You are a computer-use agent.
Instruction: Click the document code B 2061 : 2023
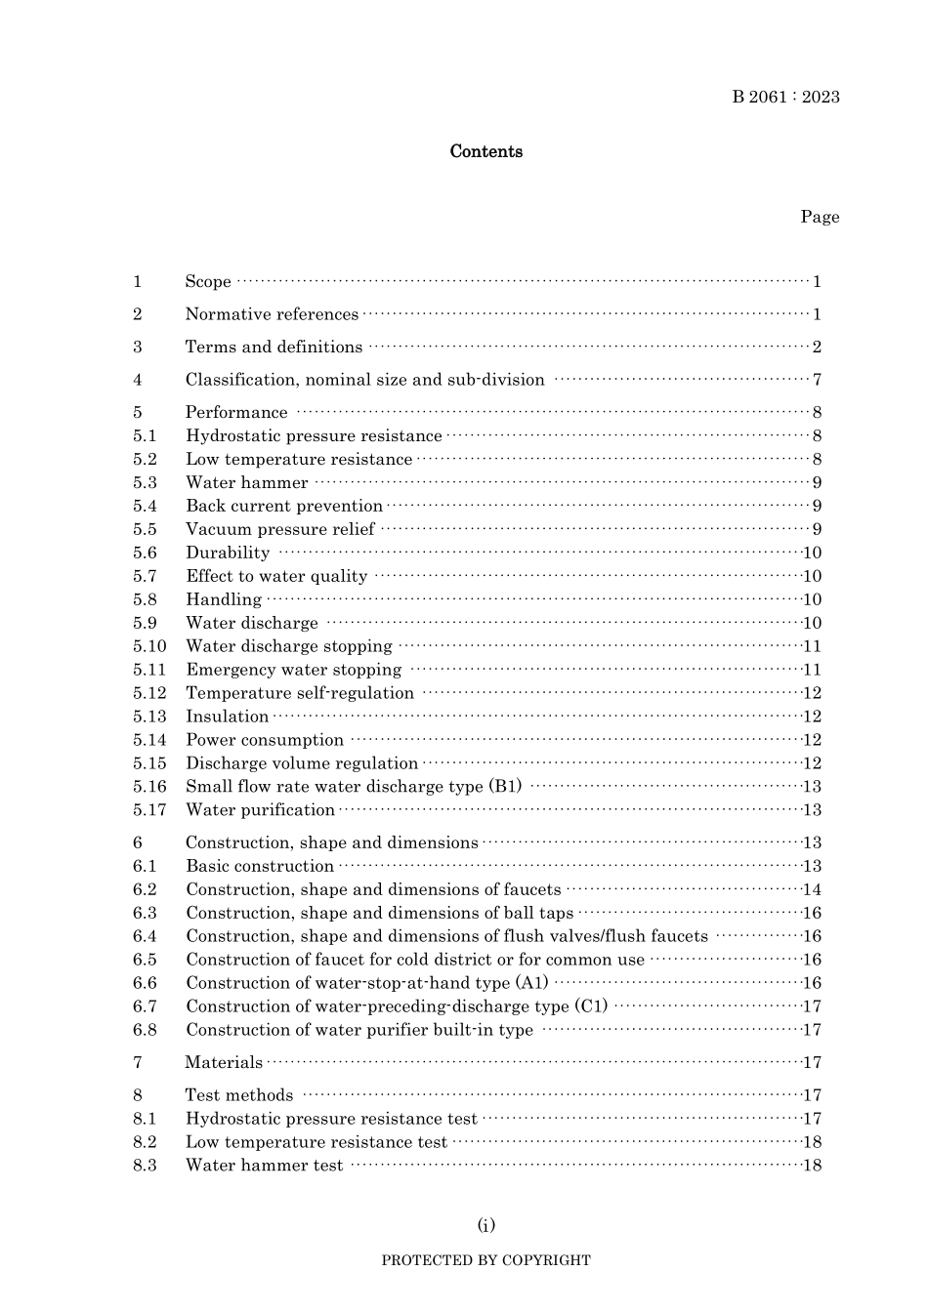785,97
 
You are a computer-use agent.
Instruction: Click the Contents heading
485,151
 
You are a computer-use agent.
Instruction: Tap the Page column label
820,217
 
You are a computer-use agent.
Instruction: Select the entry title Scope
208,282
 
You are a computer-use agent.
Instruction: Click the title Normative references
272,314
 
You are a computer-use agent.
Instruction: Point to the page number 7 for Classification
817,380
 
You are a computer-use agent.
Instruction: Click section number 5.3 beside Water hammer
145,482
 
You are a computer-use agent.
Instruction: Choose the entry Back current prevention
284,506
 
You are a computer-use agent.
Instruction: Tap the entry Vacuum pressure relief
280,529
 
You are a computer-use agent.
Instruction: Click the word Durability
228,553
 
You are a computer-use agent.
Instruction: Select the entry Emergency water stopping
293,670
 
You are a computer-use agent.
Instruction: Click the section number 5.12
149,693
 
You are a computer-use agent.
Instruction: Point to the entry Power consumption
265,740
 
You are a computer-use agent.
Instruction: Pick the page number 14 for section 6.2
812,889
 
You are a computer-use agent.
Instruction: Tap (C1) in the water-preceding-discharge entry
590,1006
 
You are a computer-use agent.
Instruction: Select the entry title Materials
224,1062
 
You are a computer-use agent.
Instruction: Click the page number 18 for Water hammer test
812,1165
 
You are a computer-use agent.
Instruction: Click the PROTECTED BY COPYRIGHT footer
485,1260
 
